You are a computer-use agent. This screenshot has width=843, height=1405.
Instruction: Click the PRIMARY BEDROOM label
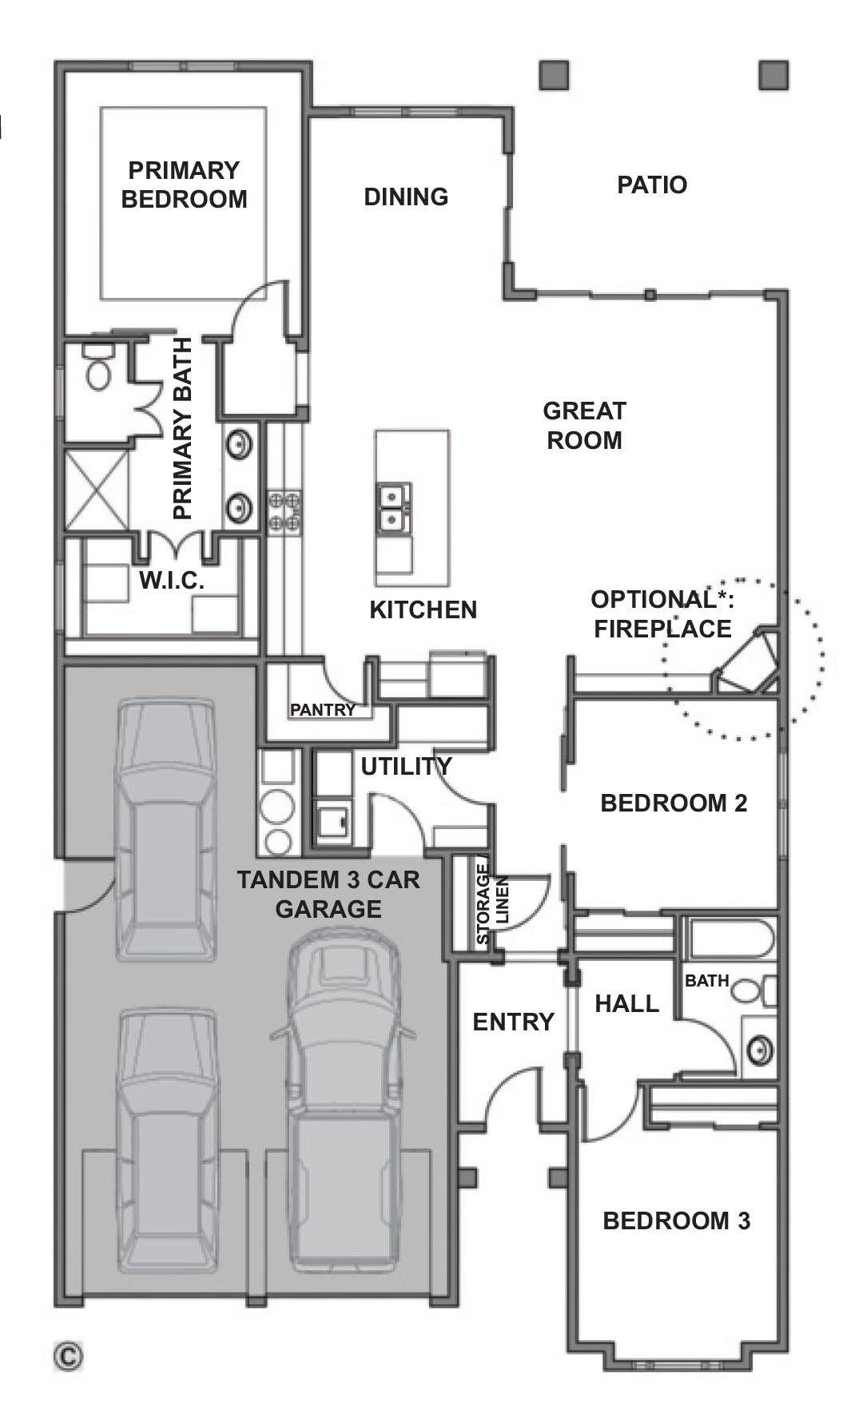click(184, 185)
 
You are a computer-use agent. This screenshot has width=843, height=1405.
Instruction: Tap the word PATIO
click(652, 185)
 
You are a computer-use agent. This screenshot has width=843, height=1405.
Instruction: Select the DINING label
click(406, 197)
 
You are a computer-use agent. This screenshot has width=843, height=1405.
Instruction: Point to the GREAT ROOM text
click(584, 426)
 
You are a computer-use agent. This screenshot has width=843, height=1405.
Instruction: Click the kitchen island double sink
click(393, 509)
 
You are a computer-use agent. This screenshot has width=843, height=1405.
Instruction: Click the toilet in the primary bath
click(99, 367)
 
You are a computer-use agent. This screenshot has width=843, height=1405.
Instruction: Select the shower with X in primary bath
click(97, 489)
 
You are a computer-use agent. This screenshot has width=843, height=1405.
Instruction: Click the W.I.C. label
click(172, 581)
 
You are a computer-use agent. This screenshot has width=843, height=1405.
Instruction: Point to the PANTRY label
click(322, 709)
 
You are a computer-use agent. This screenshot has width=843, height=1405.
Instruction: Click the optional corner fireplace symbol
click(748, 661)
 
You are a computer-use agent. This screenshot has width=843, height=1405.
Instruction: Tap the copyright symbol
click(69, 1355)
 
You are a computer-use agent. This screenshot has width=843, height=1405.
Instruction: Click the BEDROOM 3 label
click(676, 1220)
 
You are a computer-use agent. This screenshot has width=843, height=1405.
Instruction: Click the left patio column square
click(554, 75)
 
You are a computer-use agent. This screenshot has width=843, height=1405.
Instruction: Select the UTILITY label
click(406, 767)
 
